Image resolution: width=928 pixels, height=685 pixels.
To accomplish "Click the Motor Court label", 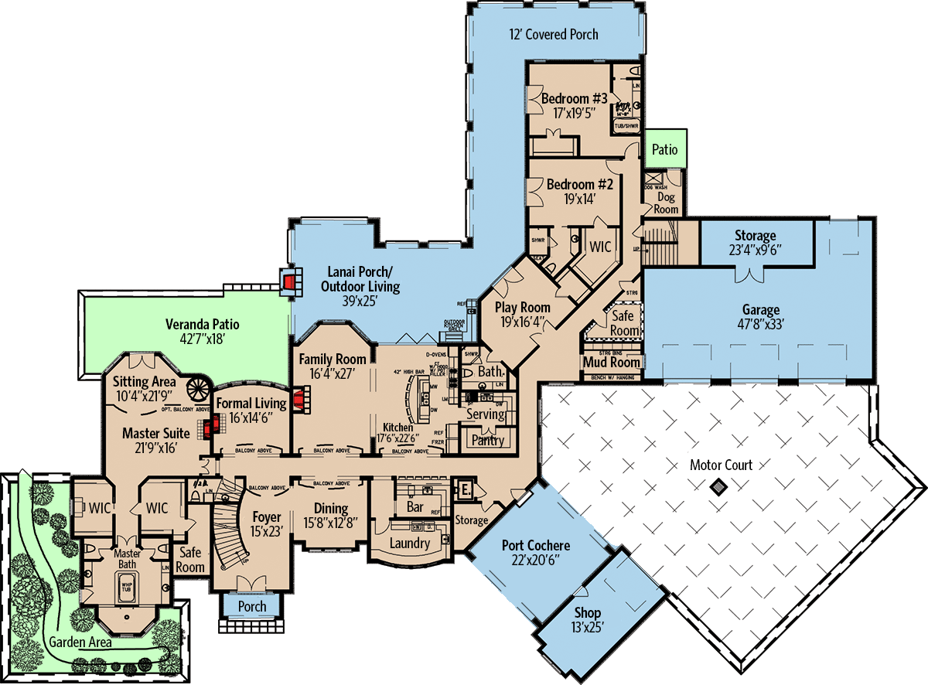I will click(x=721, y=465).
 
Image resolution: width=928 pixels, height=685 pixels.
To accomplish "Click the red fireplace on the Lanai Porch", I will click(x=289, y=281).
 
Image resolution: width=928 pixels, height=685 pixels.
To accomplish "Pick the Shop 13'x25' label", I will click(x=587, y=619).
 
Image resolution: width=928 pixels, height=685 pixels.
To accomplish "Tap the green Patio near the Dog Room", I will click(x=664, y=148).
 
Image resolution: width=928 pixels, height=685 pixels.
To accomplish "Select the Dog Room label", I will click(x=666, y=203).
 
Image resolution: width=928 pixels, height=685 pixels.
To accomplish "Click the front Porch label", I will click(x=252, y=607).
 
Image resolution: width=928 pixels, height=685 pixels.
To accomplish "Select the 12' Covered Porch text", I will click(x=553, y=34).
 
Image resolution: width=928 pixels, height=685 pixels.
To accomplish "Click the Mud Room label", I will click(x=611, y=362).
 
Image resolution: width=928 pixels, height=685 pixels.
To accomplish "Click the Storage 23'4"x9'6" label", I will click(x=755, y=243).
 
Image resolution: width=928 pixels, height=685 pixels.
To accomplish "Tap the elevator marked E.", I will click(x=466, y=489).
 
